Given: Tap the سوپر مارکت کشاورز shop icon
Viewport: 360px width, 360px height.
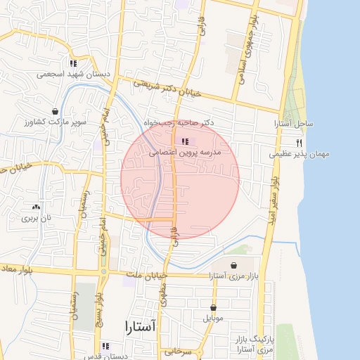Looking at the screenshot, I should (55, 112).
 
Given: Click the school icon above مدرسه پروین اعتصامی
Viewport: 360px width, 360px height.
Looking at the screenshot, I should (185, 142).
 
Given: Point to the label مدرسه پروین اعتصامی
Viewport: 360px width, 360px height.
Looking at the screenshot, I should (191, 152).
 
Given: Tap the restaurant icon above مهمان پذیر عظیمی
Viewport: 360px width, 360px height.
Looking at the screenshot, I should (299, 143).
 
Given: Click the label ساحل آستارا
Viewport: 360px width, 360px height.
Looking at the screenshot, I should (294, 124).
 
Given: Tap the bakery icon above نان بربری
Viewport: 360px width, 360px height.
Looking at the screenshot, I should (36, 207).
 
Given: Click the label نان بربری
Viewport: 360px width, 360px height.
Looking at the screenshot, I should (36, 219).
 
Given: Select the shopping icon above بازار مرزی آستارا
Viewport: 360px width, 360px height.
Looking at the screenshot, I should (233, 265).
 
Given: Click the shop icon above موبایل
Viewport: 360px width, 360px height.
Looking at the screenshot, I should (213, 308).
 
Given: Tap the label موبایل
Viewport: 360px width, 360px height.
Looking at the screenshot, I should (213, 319).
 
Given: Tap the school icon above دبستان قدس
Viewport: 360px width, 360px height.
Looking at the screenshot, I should (105, 346).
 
